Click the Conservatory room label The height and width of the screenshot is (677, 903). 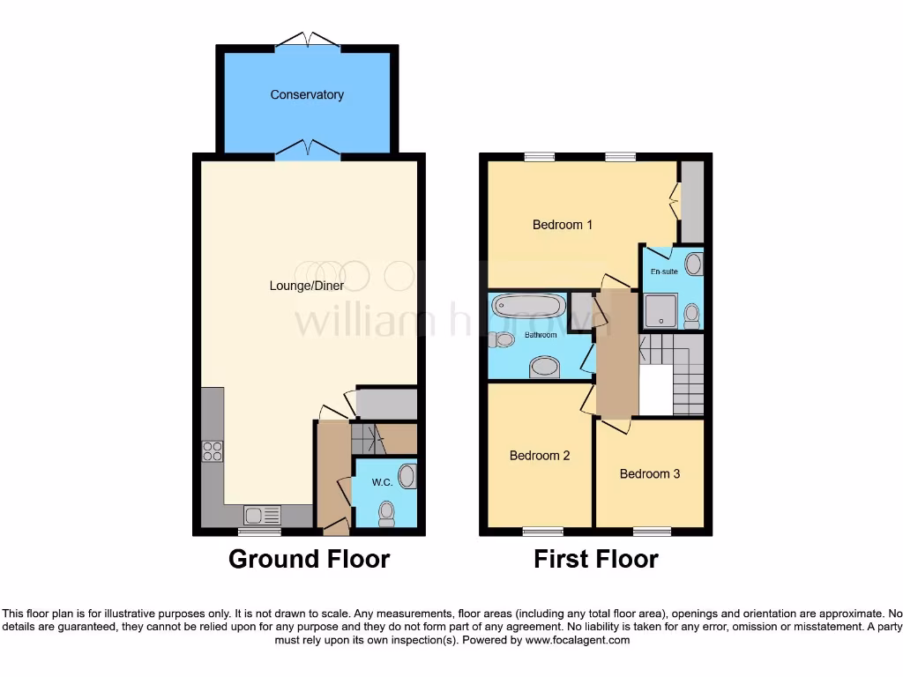click(307, 94)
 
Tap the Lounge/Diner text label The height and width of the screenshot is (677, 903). click(307, 286)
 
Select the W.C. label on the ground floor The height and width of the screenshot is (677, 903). click(382, 482)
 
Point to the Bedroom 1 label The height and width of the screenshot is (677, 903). click(563, 225)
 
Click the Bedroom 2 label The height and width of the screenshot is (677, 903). click(540, 456)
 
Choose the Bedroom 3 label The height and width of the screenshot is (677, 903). click(650, 473)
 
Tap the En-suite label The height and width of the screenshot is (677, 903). click(664, 272)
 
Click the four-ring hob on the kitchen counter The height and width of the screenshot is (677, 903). click(213, 451)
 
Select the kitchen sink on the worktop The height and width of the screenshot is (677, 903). click(263, 514)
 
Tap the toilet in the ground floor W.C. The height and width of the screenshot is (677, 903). click(386, 514)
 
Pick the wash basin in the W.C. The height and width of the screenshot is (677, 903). click(407, 477)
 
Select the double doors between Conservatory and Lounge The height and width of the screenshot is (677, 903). click(307, 152)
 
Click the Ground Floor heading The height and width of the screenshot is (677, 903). click(309, 559)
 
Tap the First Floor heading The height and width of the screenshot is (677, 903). click(596, 559)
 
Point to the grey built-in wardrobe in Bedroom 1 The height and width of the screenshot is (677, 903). click(692, 202)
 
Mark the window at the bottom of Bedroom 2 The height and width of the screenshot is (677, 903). click(542, 531)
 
